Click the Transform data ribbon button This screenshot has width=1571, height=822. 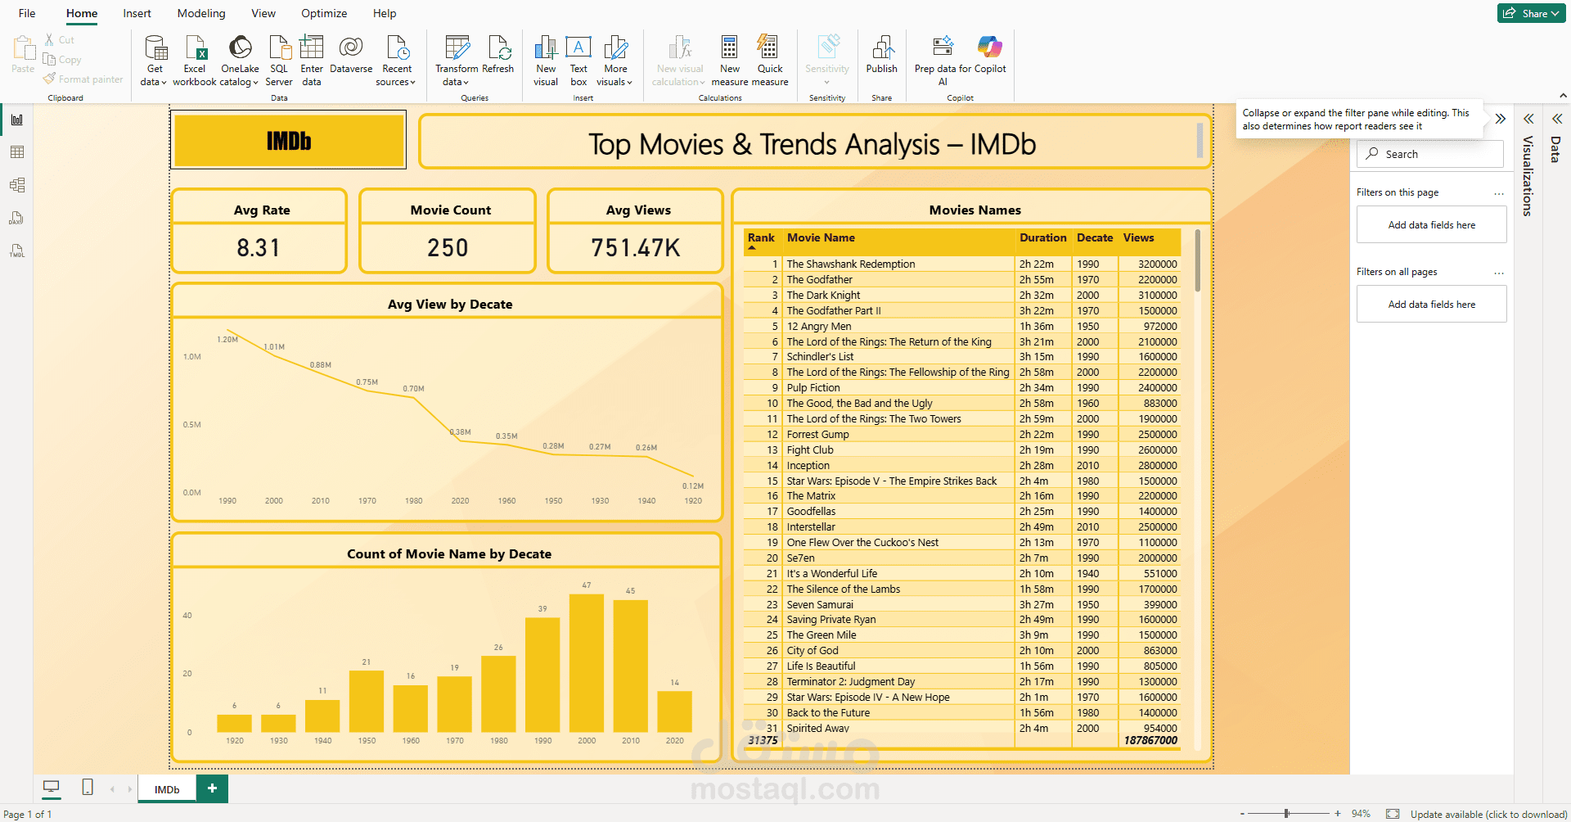(x=456, y=61)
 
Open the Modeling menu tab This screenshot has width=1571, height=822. (x=201, y=13)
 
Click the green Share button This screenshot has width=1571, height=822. (x=1531, y=13)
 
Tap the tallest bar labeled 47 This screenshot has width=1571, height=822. (x=586, y=662)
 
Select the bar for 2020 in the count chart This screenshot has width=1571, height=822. (x=674, y=711)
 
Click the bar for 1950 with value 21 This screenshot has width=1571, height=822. (x=367, y=701)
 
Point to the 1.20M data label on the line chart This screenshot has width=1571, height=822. (x=227, y=339)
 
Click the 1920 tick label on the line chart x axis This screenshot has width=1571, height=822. (x=693, y=500)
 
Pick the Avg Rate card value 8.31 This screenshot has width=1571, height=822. (x=259, y=248)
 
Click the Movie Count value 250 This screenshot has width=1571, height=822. (x=448, y=248)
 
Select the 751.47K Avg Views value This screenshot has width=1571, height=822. (x=636, y=248)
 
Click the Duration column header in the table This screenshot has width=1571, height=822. (x=1042, y=238)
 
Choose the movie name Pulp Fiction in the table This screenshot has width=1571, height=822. (x=813, y=388)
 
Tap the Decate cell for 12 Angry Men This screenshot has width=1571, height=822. (x=1088, y=327)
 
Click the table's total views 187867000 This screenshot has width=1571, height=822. (x=1150, y=740)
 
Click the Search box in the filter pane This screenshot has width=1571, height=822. (x=1432, y=154)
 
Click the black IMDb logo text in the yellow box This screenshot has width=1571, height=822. (x=289, y=142)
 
